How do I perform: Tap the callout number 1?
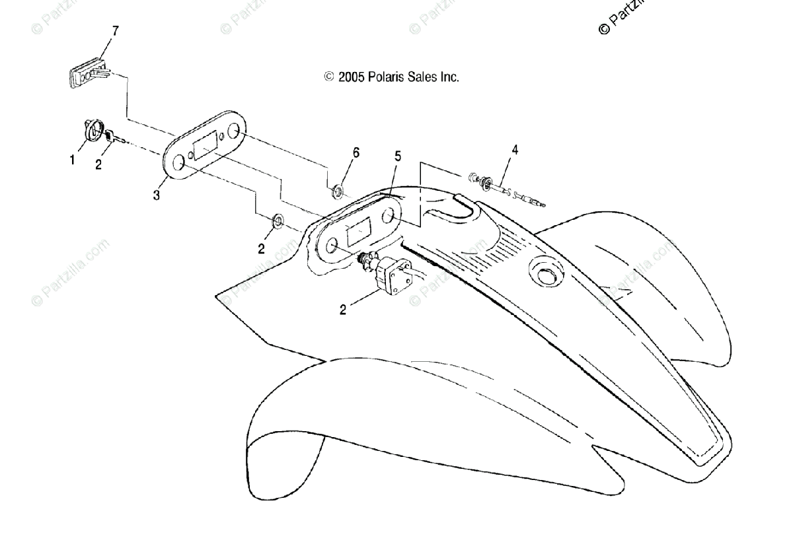tap(73, 160)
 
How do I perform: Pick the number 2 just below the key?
tap(98, 165)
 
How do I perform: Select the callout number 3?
tap(157, 196)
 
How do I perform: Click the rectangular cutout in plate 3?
tap(206, 145)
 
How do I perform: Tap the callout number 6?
tap(356, 153)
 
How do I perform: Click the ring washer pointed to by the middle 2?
tap(278, 221)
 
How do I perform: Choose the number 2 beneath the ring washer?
tap(262, 249)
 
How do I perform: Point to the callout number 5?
tap(398, 156)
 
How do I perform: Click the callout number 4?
tap(515, 150)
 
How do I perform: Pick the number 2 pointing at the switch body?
tap(343, 309)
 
